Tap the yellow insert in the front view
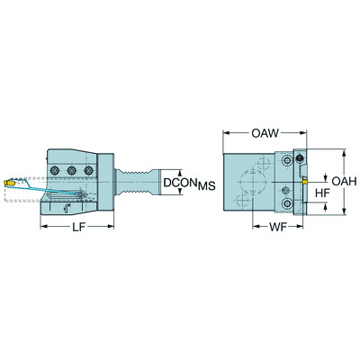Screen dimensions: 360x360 click(x=304, y=180)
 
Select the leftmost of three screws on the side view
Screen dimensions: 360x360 click(x=56, y=170)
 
